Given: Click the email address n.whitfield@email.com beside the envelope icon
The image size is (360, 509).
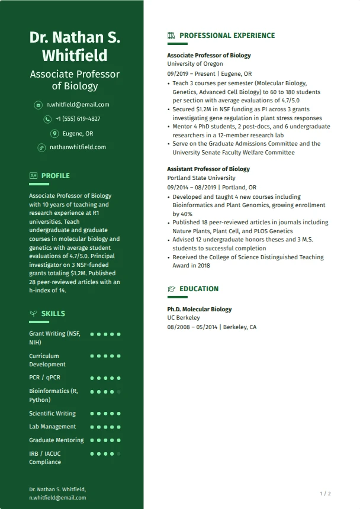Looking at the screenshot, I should tap(78, 105).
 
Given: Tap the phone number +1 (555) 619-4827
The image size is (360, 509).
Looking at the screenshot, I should tap(78, 119).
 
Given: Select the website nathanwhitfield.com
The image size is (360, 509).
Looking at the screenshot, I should tap(78, 147).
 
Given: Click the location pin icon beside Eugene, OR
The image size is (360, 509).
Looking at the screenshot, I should tap(54, 133).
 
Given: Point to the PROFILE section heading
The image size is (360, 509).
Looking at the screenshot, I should tap(56, 176).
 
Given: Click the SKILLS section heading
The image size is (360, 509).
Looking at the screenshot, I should tap(53, 314).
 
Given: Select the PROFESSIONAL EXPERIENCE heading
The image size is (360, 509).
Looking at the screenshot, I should tap(227, 36).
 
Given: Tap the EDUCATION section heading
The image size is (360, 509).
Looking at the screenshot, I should tap(199, 289).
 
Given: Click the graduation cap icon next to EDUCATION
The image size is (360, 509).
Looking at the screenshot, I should tap(172, 289).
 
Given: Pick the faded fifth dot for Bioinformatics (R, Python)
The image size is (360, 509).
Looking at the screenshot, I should tap(118, 392).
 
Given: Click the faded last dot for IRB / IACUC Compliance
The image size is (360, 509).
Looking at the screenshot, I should tap(118, 454).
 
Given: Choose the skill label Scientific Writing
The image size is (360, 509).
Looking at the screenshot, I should tap(53, 413).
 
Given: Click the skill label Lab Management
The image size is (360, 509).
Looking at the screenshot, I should tap(53, 427).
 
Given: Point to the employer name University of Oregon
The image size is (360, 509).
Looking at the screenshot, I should tap(195, 64).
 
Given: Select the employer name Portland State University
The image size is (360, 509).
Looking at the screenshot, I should tap(201, 178).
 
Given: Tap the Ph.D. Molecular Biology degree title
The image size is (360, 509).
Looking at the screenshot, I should tap(199, 310).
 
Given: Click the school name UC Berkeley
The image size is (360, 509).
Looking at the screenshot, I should tap(184, 318).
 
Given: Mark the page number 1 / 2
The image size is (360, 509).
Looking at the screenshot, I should tap(325, 494).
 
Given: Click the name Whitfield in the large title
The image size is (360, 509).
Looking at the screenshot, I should tap(75, 56).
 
